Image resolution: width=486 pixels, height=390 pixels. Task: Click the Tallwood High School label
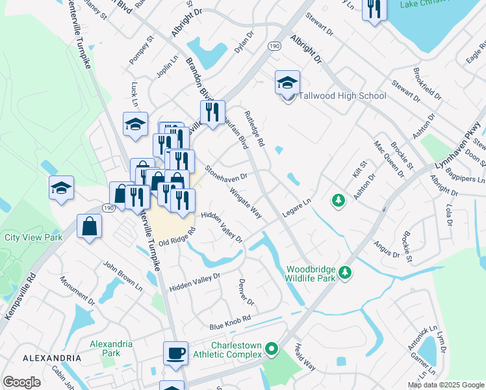pos(342,96)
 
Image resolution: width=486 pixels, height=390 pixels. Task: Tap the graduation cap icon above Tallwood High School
pos(287,83)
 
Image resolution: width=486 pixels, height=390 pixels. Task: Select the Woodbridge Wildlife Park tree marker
pos(347,272)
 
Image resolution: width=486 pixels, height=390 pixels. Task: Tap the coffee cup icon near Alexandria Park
pos(175,353)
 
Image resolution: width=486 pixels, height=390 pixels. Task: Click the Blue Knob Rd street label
pos(230,325)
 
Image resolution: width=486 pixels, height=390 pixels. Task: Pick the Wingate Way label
pos(246,203)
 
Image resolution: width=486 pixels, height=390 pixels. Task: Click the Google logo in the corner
pos(21,382)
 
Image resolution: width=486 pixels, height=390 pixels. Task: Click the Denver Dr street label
pos(246,292)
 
